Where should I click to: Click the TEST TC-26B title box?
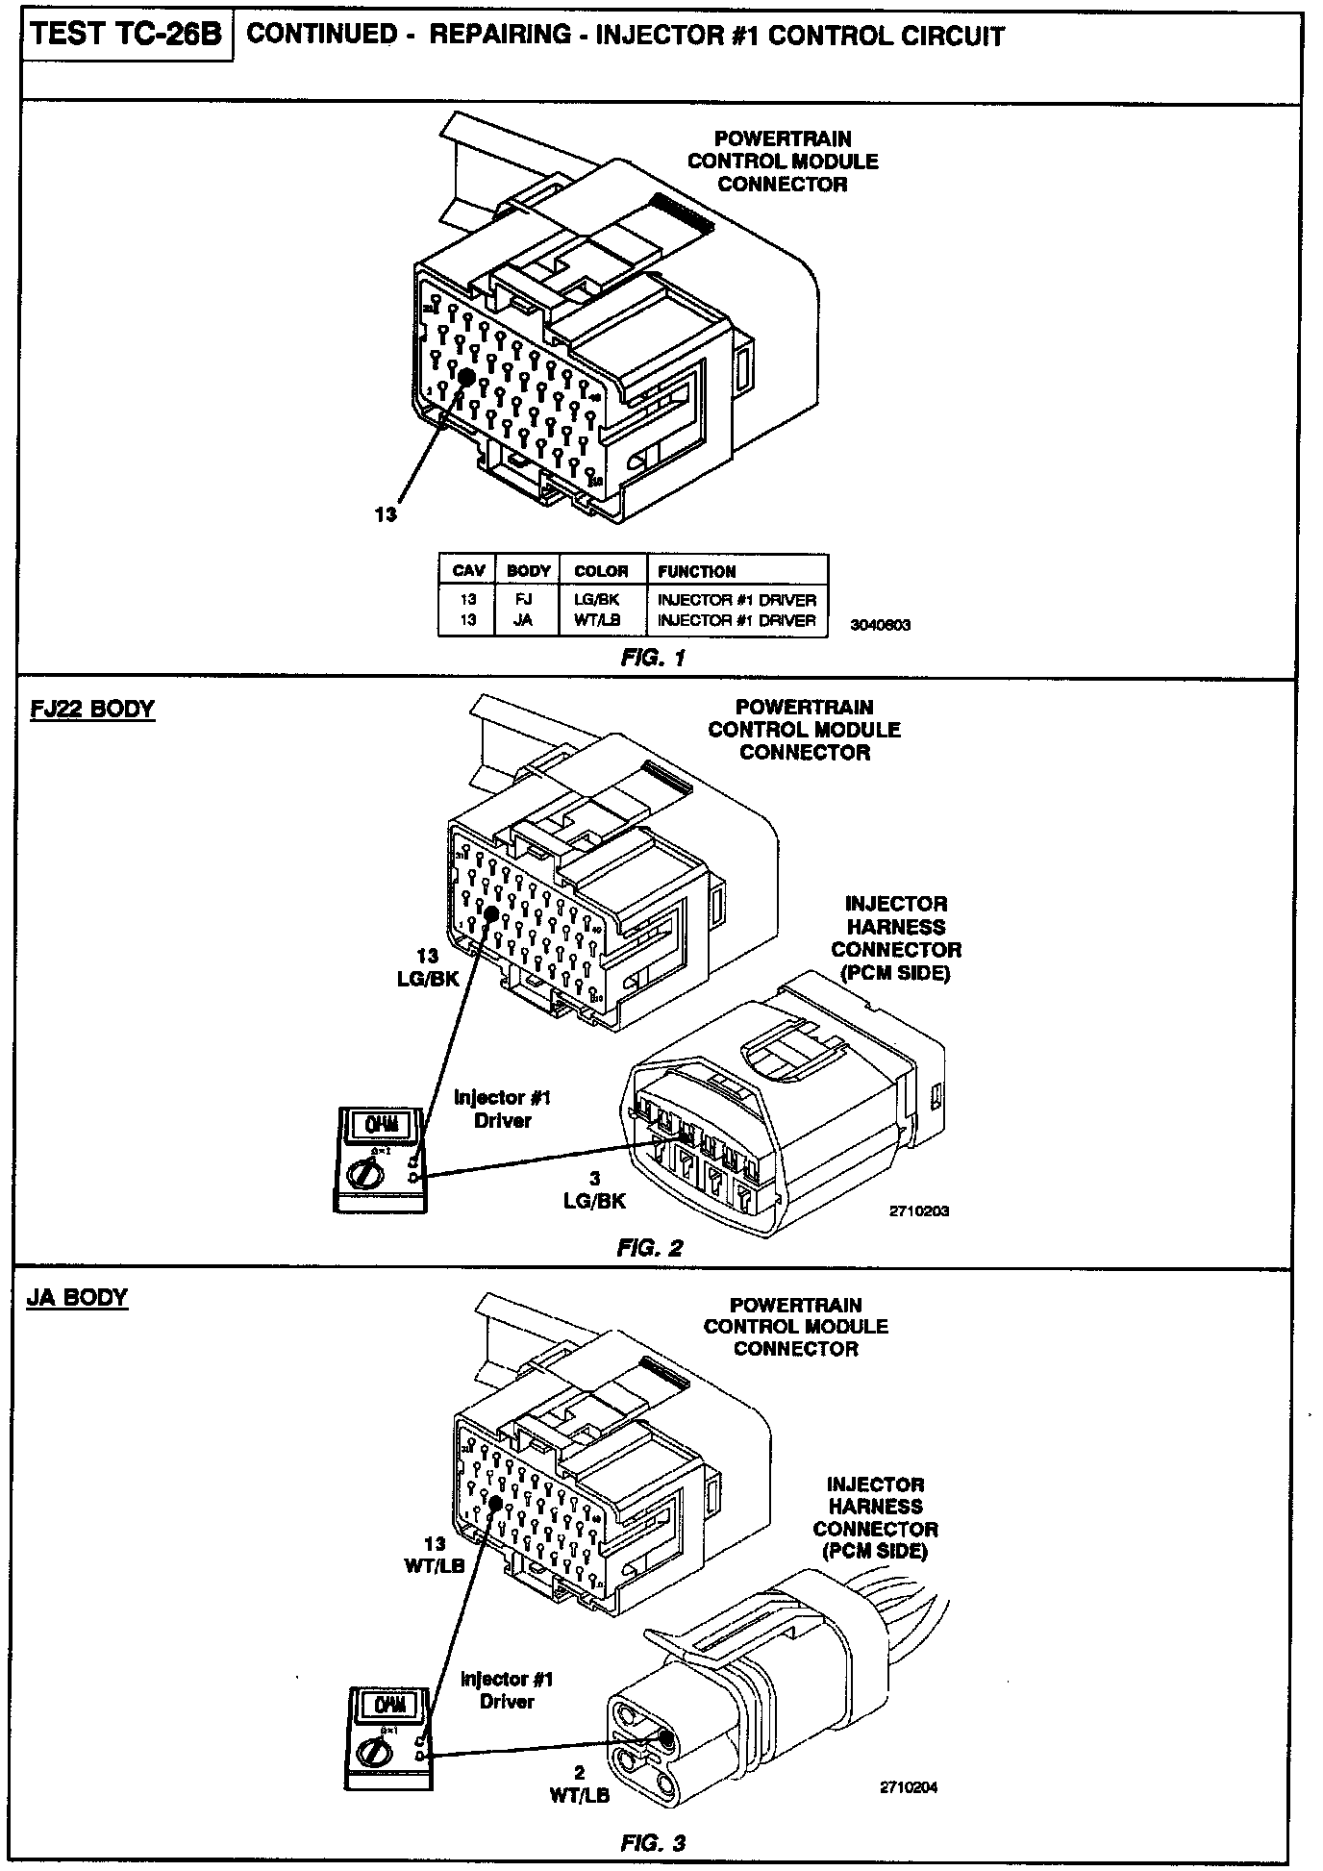click(x=127, y=36)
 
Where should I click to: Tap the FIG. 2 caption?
click(x=650, y=1248)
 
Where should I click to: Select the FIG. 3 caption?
click(x=653, y=1843)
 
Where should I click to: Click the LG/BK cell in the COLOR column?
click(x=601, y=600)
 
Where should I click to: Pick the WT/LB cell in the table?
click(x=601, y=621)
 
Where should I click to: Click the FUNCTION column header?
click(x=697, y=571)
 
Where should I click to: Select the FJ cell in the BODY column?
click(x=524, y=600)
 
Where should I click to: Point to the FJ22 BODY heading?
click(x=92, y=710)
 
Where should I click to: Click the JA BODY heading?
click(x=79, y=1298)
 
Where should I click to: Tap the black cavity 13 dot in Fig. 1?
click(x=466, y=377)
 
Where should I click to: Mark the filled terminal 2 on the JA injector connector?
click(x=665, y=1737)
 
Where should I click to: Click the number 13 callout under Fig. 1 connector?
click(x=386, y=514)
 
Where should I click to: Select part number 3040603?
click(x=880, y=625)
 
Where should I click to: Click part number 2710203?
click(x=918, y=1211)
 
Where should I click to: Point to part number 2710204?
click(x=909, y=1787)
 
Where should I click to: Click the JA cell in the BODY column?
click(x=524, y=621)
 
